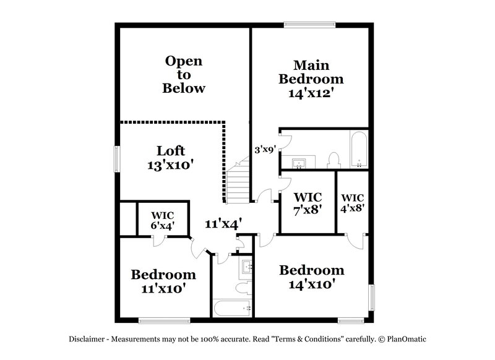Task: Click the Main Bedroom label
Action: [311, 79]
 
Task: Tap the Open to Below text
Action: [184, 74]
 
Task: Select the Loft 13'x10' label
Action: [170, 158]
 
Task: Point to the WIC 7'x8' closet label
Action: [308, 202]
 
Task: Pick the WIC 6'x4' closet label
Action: [163, 220]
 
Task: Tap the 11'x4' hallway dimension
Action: [223, 223]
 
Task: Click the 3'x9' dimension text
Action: [265, 149]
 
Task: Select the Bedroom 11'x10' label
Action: [163, 281]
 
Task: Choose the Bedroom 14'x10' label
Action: [311, 277]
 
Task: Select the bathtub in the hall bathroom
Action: [232, 307]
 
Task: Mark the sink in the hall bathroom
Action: [246, 268]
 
